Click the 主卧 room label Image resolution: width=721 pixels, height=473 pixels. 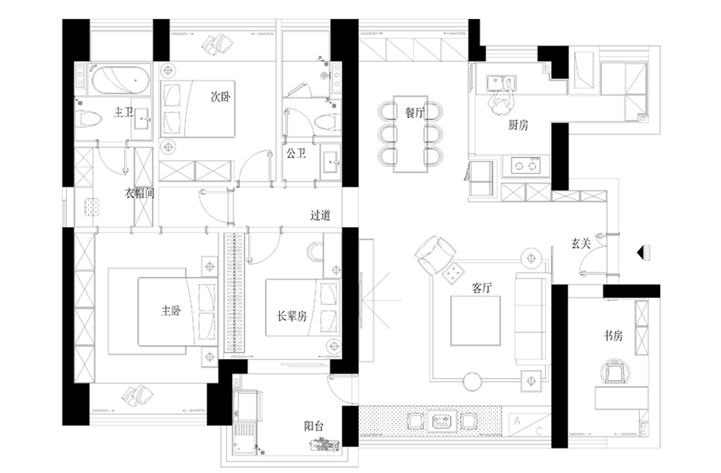(171, 311)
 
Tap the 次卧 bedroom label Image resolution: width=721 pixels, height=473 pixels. (221, 98)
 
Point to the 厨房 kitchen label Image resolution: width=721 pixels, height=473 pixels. (518, 126)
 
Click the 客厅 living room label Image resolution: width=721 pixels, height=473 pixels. (483, 288)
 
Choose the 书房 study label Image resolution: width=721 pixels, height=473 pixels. (613, 336)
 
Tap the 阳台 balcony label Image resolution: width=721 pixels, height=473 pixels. (313, 426)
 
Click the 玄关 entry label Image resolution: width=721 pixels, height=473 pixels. (581, 244)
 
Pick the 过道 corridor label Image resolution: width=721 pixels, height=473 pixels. (321, 215)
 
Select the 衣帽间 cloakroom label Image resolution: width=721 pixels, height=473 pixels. (140, 194)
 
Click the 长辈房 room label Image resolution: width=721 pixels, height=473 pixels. (286, 317)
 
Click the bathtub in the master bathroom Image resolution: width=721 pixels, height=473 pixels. (118, 80)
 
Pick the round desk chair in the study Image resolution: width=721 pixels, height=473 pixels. (613, 373)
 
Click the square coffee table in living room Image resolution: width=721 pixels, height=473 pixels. (474, 320)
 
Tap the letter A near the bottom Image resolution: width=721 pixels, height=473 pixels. (517, 419)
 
